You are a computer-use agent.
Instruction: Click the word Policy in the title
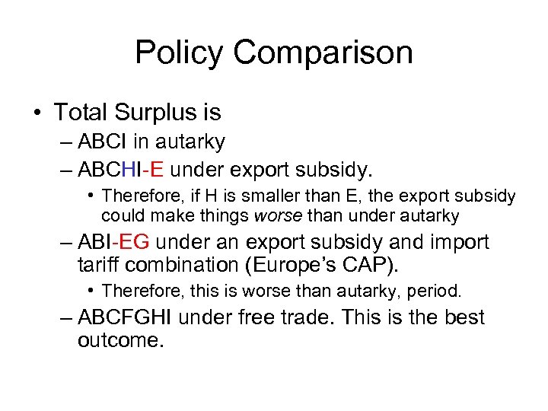pyautogui.click(x=180, y=53)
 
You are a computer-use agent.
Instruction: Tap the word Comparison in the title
pyautogui.click(x=323, y=53)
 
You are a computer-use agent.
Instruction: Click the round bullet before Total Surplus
pyautogui.click(x=37, y=113)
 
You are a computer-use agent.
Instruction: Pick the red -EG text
pyautogui.click(x=135, y=243)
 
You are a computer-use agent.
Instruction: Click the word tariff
pyautogui.click(x=101, y=266)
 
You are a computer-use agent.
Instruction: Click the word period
pyautogui.click(x=435, y=291)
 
